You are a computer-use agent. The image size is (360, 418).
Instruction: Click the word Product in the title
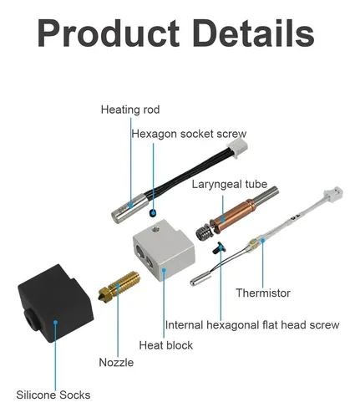109,33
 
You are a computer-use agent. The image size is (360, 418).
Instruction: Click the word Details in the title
254,33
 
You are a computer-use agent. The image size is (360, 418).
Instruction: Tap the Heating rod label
130,110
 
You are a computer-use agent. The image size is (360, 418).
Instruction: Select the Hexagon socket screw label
189,134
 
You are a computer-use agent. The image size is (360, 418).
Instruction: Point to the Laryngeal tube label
230,184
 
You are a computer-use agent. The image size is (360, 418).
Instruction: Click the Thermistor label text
263,293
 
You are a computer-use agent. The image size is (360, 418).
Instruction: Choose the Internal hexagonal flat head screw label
252,325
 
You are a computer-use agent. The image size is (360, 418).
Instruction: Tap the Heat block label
166,345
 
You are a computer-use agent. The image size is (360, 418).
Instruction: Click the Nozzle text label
116,362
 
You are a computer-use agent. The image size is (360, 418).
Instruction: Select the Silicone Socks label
53,395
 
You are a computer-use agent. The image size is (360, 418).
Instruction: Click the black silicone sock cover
56,303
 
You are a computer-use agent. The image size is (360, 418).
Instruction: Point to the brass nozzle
119,286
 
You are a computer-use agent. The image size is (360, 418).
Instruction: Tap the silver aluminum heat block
165,250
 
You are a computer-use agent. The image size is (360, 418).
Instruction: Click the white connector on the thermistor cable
333,194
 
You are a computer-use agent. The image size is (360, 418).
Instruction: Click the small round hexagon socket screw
153,213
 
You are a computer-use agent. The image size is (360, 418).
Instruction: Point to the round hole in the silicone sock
32,320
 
